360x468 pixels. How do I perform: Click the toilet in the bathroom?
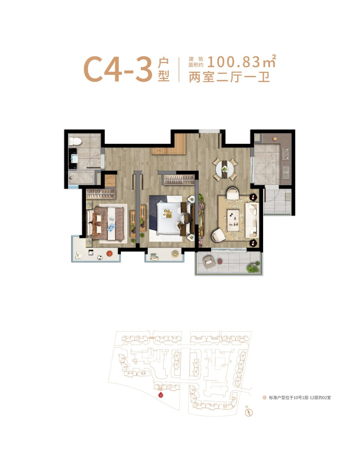75,141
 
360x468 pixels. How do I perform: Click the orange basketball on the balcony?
110,253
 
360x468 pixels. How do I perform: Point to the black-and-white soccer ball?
100,257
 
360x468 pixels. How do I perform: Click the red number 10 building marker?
161,395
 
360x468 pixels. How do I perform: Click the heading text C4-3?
118,69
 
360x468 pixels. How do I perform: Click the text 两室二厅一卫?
229,77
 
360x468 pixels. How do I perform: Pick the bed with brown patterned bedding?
106,223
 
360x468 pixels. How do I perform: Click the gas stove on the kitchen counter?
286,154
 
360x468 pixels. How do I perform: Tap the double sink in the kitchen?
286,173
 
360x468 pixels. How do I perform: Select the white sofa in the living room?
252,220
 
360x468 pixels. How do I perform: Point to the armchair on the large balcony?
209,262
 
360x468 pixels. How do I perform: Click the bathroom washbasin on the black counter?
74,158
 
